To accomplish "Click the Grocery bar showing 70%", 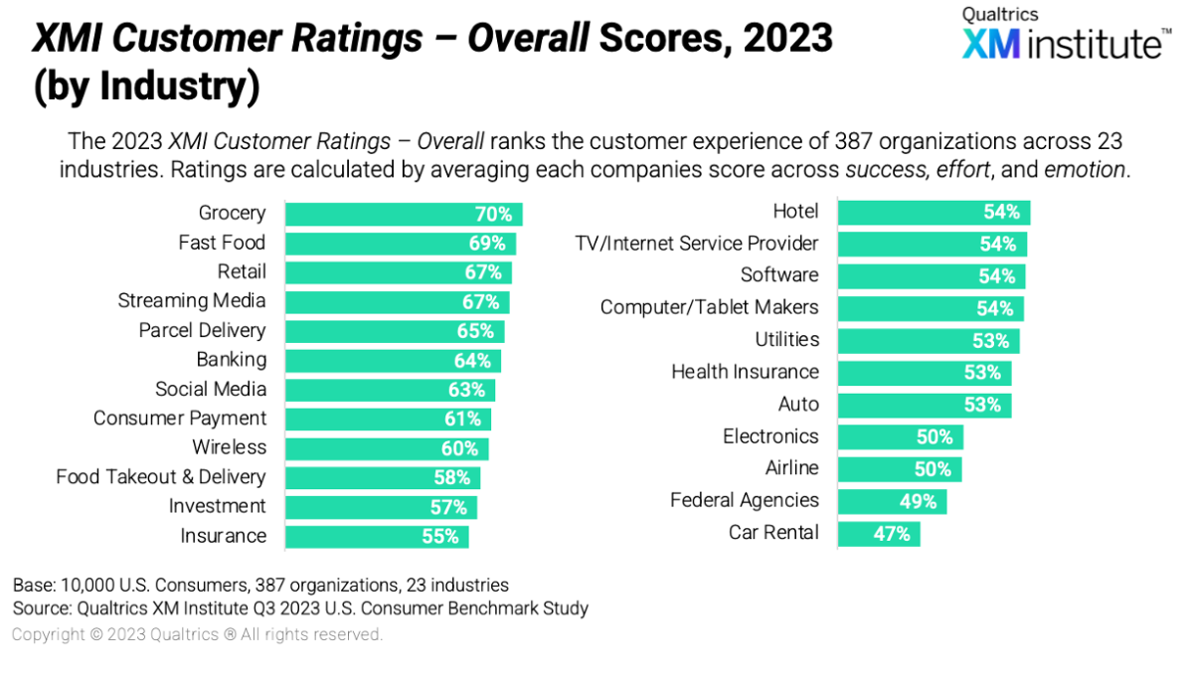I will pyautogui.click(x=403, y=214).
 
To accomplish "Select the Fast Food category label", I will pyautogui.click(x=222, y=243).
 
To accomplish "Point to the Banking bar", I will pyautogui.click(x=393, y=360).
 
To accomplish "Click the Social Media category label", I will pyautogui.click(x=210, y=389).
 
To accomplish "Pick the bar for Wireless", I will pyautogui.click(x=386, y=448).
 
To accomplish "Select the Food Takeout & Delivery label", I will pyautogui.click(x=161, y=477).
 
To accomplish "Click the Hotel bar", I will pyautogui.click(x=934, y=212).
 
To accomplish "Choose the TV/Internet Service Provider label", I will pyautogui.click(x=697, y=244).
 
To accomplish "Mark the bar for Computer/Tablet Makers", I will pyautogui.click(x=931, y=308).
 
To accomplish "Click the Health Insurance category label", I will pyautogui.click(x=745, y=372).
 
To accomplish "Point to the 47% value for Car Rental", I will pyautogui.click(x=892, y=534).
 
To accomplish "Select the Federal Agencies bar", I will pyautogui.click(x=892, y=502).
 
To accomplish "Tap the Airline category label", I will pyautogui.click(x=791, y=468).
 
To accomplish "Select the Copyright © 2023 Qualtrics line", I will pyautogui.click(x=197, y=634).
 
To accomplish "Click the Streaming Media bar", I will pyautogui.click(x=397, y=302).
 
